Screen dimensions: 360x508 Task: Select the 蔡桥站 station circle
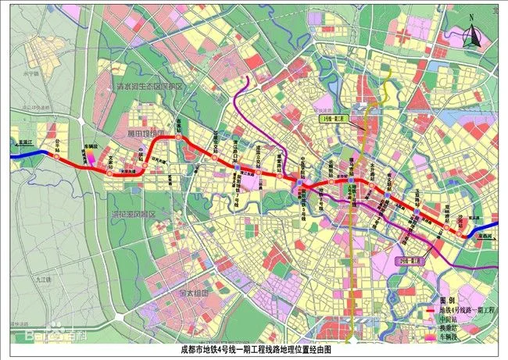pyautogui.click(x=178, y=137)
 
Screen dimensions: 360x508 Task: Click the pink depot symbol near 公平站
pyautogui.click(x=88, y=157)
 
